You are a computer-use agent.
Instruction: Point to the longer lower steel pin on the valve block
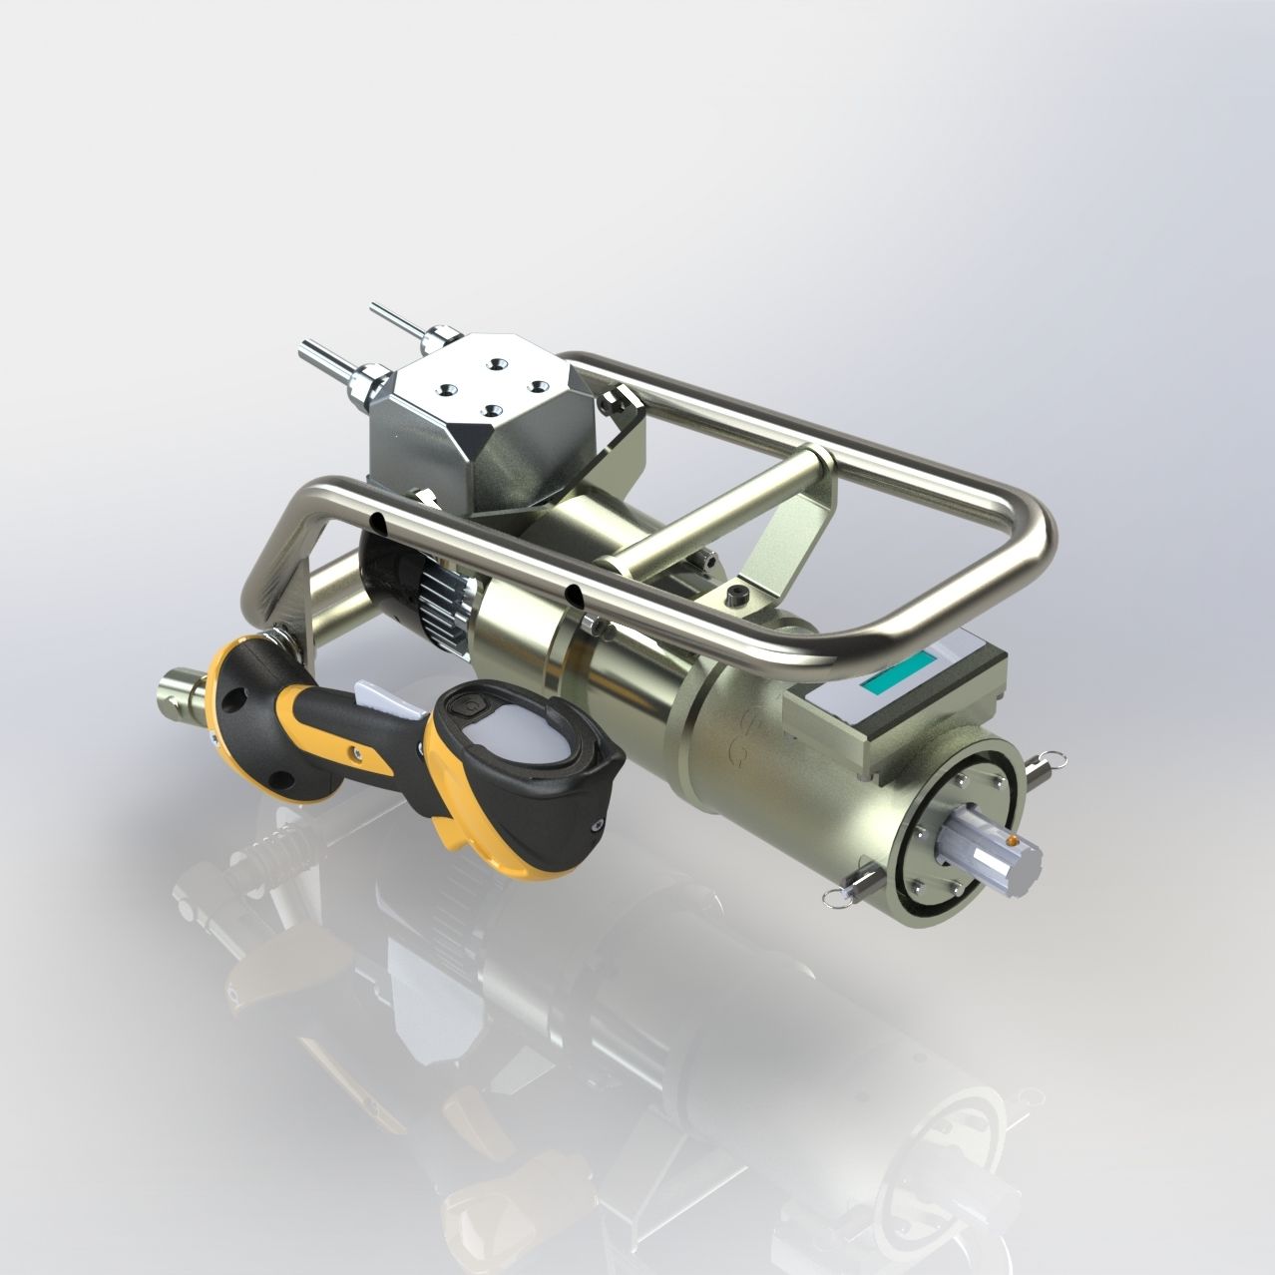pyautogui.click(x=322, y=356)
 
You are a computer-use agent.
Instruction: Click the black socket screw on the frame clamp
pyautogui.click(x=737, y=596)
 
